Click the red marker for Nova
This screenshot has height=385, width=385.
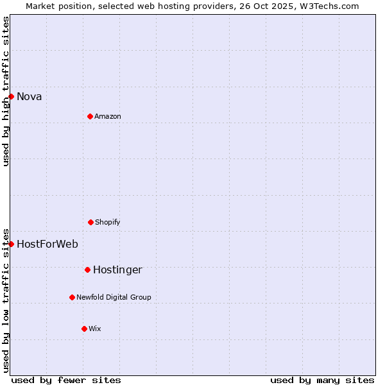[x=11, y=96]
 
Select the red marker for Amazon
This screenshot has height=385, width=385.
[x=90, y=116]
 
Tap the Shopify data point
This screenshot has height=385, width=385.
[x=90, y=222]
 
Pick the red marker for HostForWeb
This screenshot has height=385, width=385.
[x=11, y=244]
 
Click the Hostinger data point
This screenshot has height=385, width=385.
[x=87, y=269]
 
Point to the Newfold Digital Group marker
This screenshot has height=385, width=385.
[x=72, y=297]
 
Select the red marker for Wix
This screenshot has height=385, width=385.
[x=84, y=329]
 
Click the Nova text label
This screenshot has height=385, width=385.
[x=30, y=97]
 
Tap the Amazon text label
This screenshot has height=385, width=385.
[x=108, y=117]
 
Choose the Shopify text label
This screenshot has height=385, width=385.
[x=108, y=223]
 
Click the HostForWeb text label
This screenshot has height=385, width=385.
[x=47, y=244]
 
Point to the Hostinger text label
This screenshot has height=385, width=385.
[x=117, y=270]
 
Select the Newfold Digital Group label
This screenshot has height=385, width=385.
[x=114, y=298]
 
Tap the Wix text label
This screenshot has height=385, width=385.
[x=95, y=329]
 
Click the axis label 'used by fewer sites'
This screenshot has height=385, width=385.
[x=66, y=380]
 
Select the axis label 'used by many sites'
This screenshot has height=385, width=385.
[x=322, y=380]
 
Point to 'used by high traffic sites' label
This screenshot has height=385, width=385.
[x=6, y=91]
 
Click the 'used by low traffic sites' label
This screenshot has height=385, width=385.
[x=6, y=300]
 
